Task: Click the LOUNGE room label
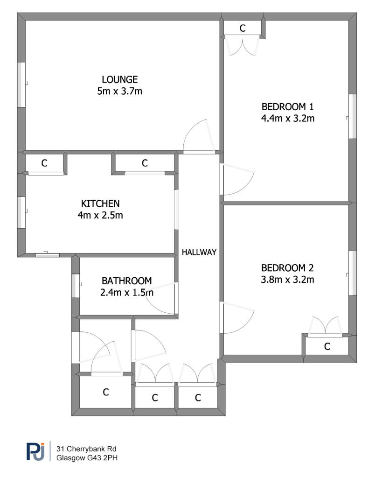click(x=120, y=79)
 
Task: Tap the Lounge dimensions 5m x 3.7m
click(x=120, y=91)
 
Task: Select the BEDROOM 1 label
click(x=288, y=107)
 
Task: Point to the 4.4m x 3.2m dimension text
click(x=288, y=118)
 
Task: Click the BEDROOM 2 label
click(x=287, y=268)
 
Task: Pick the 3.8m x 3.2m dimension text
click(x=287, y=280)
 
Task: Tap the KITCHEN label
click(x=100, y=204)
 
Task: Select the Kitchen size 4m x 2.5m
click(x=100, y=215)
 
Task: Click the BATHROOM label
click(x=127, y=281)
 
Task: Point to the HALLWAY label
click(x=199, y=252)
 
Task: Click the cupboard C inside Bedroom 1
click(x=243, y=28)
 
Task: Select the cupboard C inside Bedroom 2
click(x=327, y=347)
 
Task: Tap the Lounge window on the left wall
click(x=21, y=85)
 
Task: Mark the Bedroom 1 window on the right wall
click(x=353, y=116)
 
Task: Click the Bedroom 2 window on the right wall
click(x=353, y=273)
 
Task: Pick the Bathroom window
click(x=76, y=286)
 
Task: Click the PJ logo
click(x=35, y=451)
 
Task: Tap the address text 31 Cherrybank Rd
click(x=86, y=449)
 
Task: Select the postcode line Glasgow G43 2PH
click(x=87, y=457)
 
